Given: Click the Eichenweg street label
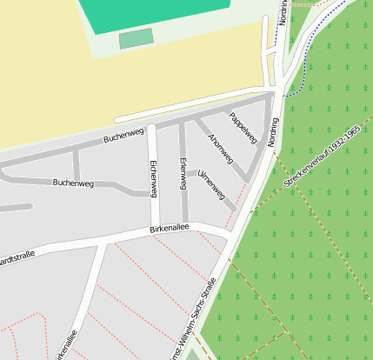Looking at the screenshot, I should tap(154, 178).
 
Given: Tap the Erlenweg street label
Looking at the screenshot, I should tap(183, 174).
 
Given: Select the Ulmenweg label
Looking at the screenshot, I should tap(212, 183).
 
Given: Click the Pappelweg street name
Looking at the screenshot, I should tap(243, 128).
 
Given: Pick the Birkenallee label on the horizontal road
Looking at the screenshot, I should tap(169, 229).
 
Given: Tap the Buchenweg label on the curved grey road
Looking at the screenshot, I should tap(73, 183).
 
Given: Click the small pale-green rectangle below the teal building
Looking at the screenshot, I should tap(136, 38).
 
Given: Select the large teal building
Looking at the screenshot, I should tap(157, 11).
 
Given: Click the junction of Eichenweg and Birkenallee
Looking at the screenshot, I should tap(155, 231).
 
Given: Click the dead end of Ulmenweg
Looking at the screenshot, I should tap(233, 209).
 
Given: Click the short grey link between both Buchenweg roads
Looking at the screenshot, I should tap(77, 163).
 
